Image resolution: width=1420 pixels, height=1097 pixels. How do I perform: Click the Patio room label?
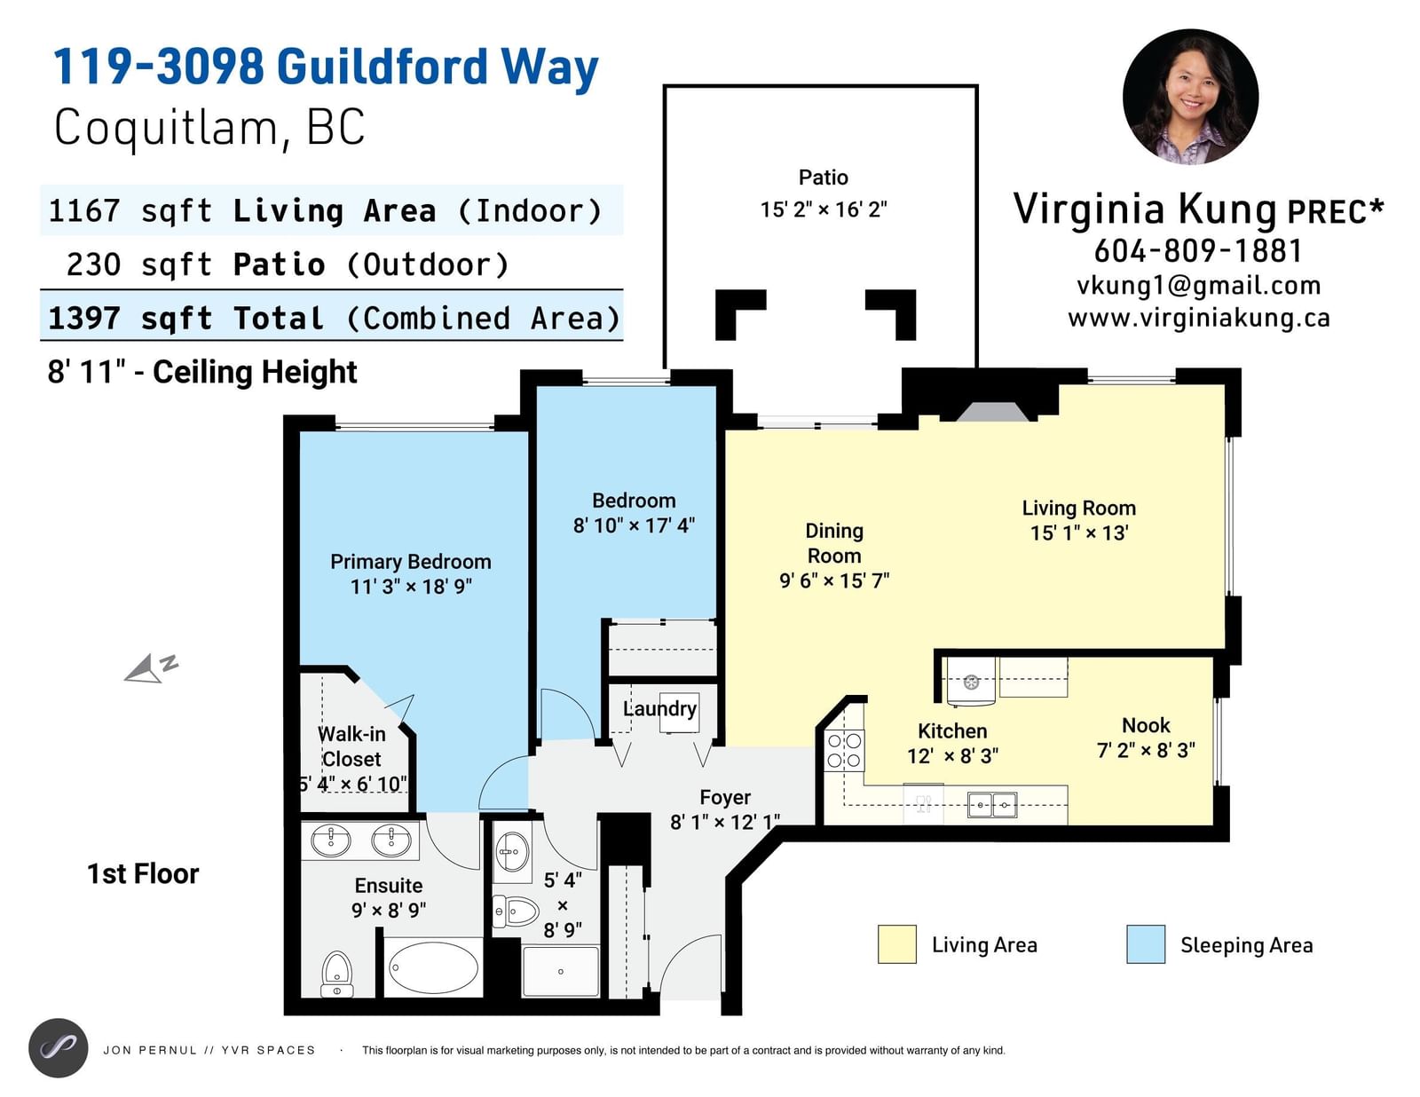(x=823, y=177)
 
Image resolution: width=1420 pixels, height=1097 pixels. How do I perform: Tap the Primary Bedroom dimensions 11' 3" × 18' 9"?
(x=411, y=587)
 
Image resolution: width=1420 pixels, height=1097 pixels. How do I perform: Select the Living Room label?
(x=1079, y=508)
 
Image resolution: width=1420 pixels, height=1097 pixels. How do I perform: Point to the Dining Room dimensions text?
(x=834, y=580)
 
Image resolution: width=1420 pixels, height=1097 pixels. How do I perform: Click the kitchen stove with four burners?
(x=844, y=751)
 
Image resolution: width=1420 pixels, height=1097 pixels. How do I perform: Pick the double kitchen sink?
(x=992, y=804)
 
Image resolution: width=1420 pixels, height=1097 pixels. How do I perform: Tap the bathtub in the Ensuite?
(x=433, y=968)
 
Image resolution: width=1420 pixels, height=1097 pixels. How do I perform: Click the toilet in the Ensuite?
(x=337, y=974)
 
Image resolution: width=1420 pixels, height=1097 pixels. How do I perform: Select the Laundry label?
(x=659, y=709)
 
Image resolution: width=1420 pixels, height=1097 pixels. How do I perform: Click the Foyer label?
(x=725, y=797)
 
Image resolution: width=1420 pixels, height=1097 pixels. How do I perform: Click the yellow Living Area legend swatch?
(x=896, y=944)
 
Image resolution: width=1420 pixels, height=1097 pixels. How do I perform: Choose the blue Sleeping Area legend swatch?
(x=1146, y=944)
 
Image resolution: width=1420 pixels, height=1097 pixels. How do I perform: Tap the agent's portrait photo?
(x=1191, y=97)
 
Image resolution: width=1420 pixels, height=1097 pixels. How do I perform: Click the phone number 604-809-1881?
(x=1198, y=251)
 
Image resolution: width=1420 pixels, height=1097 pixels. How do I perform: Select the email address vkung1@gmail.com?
(x=1198, y=286)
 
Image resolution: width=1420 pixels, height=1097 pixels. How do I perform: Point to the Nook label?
(x=1146, y=725)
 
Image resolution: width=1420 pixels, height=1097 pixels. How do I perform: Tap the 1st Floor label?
(x=143, y=873)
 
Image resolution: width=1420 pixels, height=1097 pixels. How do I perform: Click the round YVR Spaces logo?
(x=59, y=1049)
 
